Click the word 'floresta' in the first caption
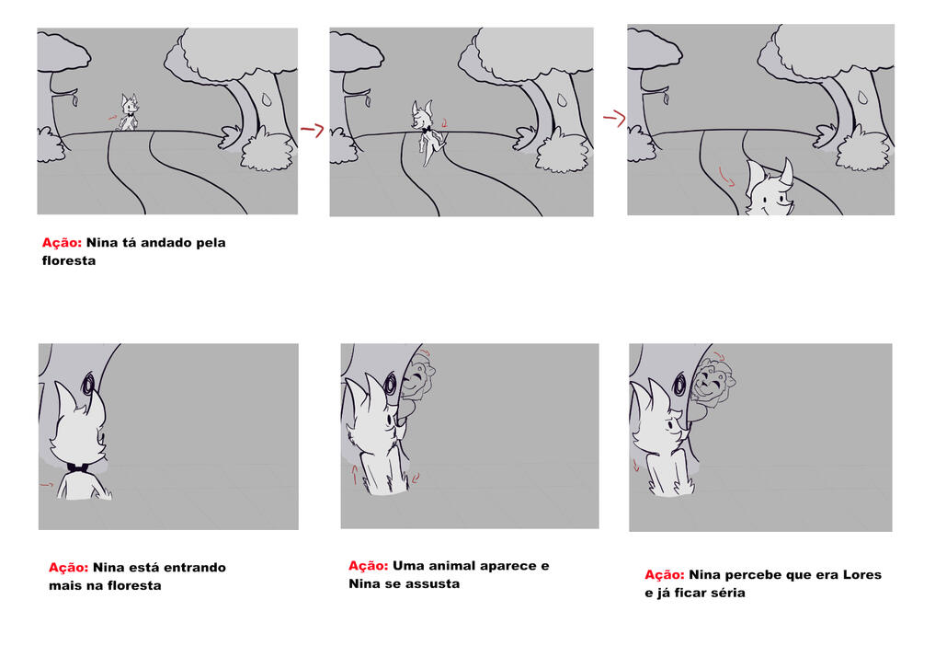point(69,260)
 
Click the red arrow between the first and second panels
point(312,129)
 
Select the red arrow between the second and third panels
point(614,118)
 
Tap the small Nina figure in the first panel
point(128,112)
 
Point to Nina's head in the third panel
point(770,188)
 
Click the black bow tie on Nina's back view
point(79,467)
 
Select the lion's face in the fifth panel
point(417,379)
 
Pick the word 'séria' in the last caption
point(727,593)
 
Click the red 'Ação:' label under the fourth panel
point(69,568)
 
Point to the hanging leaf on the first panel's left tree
point(74,99)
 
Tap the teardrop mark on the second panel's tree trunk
point(562,99)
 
